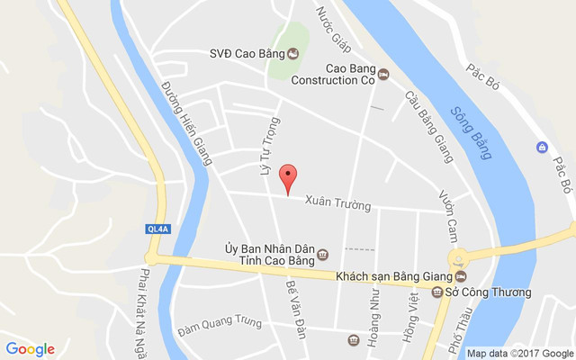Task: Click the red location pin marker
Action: pyautogui.click(x=287, y=178)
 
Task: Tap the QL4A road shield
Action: pyautogui.click(x=157, y=229)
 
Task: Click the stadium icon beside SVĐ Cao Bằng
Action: pyautogui.click(x=292, y=54)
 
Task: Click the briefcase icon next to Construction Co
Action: pyautogui.click(x=384, y=74)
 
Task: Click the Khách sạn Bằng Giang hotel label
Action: pyautogui.click(x=394, y=276)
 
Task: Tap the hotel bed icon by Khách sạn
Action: pyautogui.click(x=462, y=276)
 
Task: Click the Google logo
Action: pyautogui.click(x=31, y=349)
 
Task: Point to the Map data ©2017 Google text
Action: pyautogui.click(x=519, y=353)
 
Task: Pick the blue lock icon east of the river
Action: pyautogui.click(x=542, y=147)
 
